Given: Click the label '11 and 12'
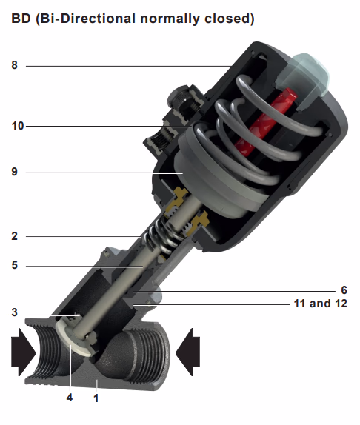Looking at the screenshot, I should (319, 304).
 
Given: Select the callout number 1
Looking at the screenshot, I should (96, 398).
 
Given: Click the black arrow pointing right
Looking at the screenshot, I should (22, 349).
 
